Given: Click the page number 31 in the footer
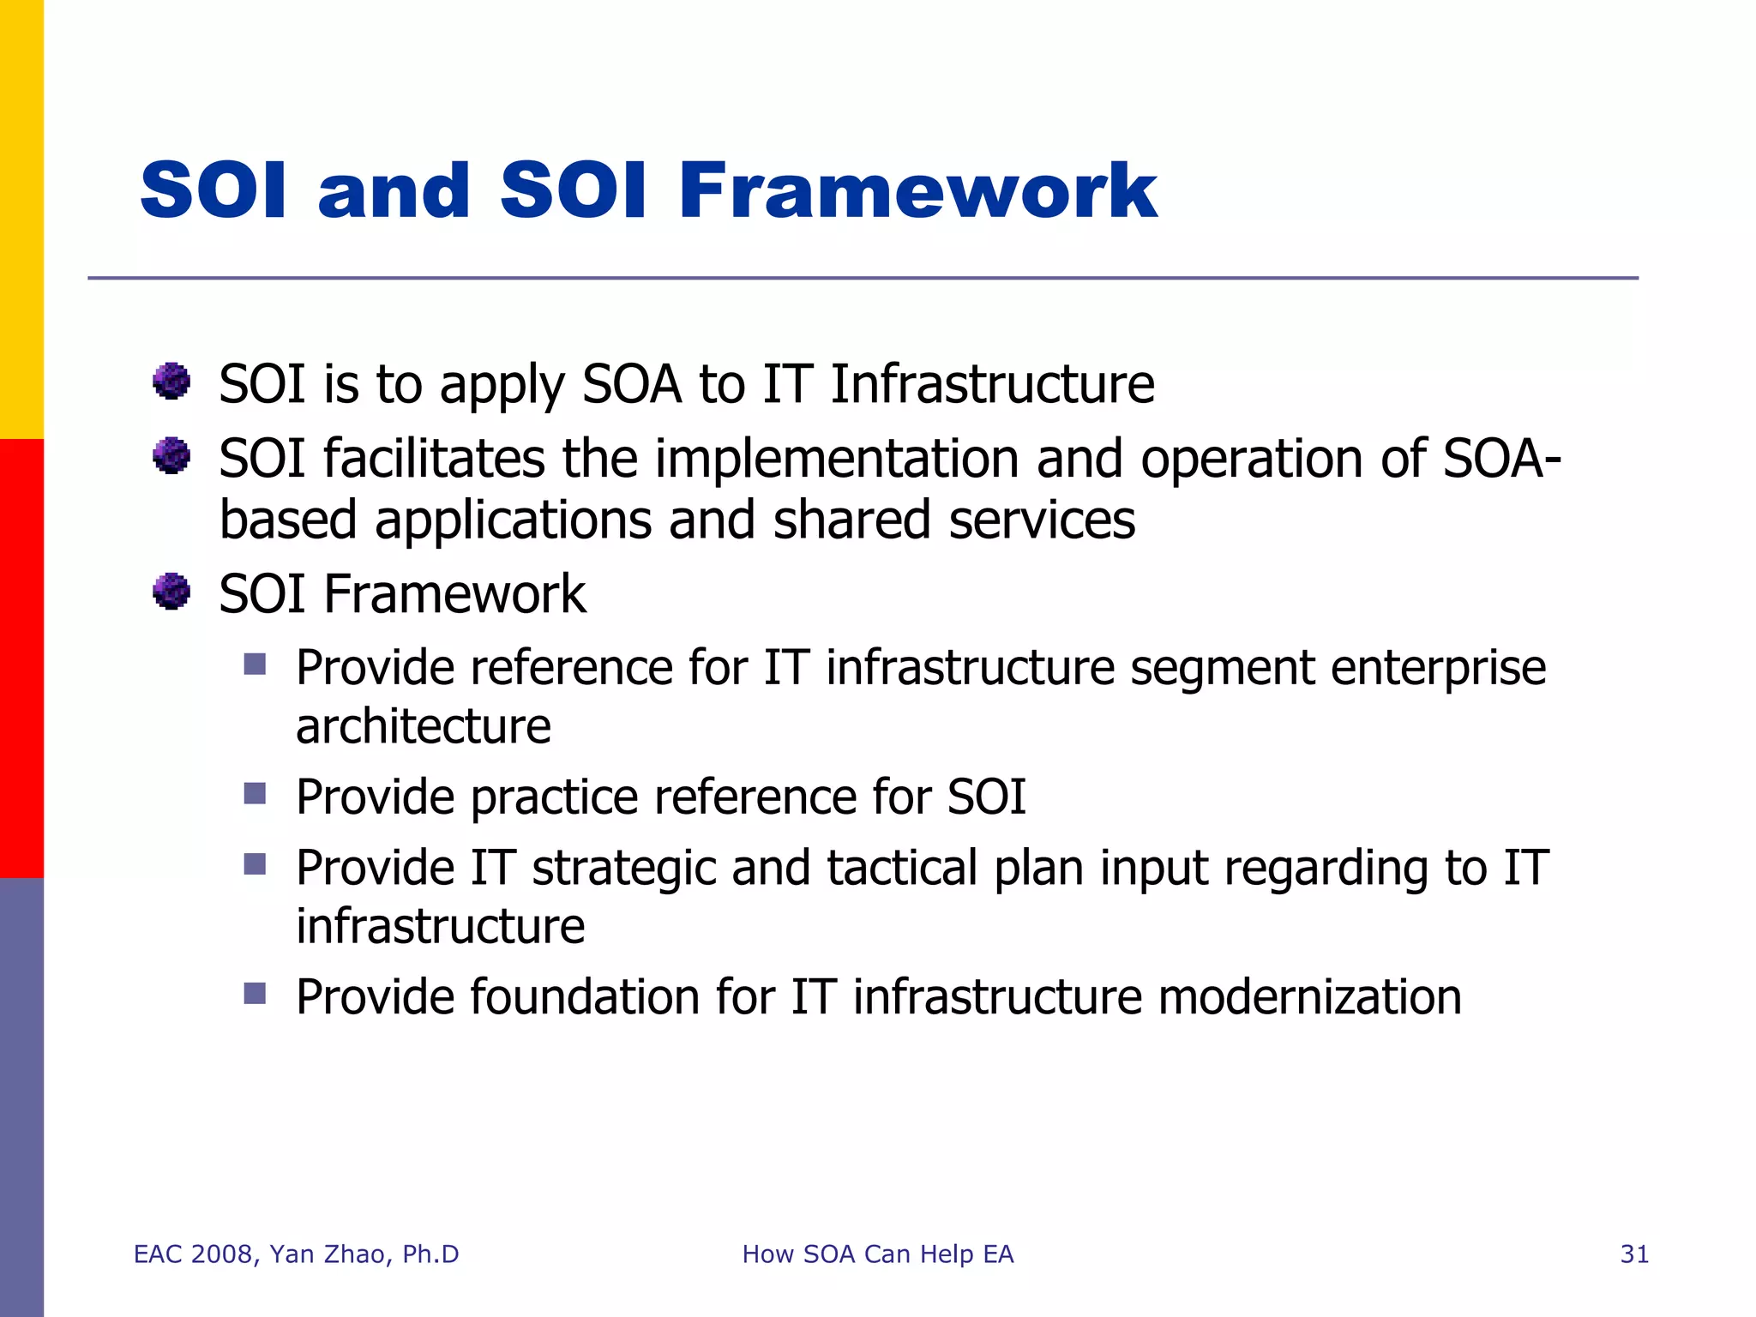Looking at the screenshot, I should [x=1634, y=1254].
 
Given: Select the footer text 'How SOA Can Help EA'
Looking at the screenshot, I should [x=877, y=1254].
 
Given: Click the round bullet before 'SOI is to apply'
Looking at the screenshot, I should [x=171, y=381].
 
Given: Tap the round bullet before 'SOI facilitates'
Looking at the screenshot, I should [x=171, y=455].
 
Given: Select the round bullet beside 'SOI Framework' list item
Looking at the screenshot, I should [x=171, y=591].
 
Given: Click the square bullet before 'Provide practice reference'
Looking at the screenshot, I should [x=255, y=793].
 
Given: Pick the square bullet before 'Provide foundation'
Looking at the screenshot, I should [x=255, y=993].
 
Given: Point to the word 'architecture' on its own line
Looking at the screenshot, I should [x=423, y=727].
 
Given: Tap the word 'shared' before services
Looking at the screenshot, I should [x=851, y=520].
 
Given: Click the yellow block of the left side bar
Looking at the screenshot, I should [x=21, y=219].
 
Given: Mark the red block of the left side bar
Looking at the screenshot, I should [x=21, y=658].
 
